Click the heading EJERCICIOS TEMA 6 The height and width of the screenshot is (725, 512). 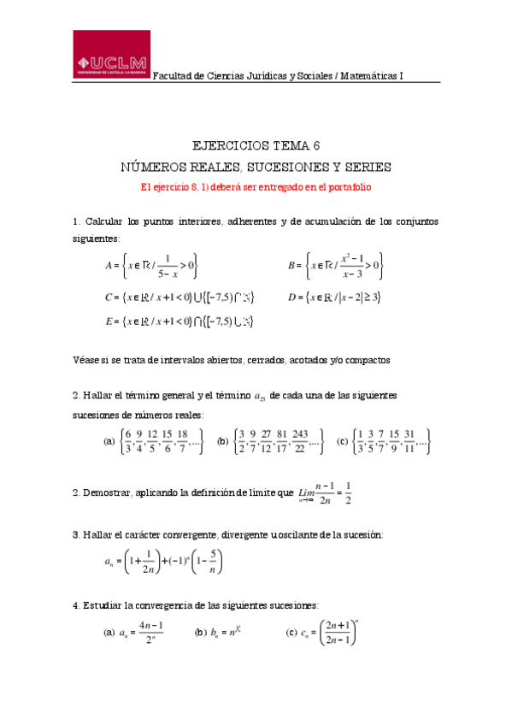pyautogui.click(x=256, y=145)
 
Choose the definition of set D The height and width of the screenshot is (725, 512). pyautogui.click(x=334, y=298)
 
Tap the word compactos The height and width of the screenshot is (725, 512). pyautogui.click(x=368, y=360)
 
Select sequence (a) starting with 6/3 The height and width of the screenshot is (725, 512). pyautogui.click(x=153, y=442)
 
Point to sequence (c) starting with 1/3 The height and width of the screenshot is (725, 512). pyautogui.click(x=383, y=442)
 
